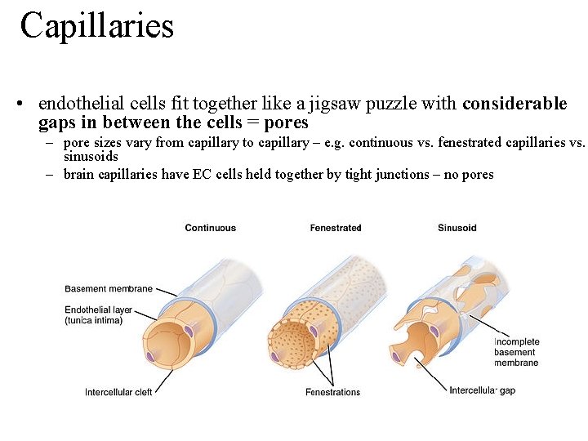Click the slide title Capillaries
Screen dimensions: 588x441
tap(97, 25)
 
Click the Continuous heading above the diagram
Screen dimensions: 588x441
tap(210, 228)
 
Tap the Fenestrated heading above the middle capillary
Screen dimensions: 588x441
tap(335, 228)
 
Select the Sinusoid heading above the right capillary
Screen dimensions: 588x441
tap(457, 228)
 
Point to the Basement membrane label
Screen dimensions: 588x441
tap(109, 289)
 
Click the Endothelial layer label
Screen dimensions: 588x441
tap(99, 310)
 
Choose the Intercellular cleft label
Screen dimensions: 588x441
tap(118, 393)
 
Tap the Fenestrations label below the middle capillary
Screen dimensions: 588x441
tap(332, 393)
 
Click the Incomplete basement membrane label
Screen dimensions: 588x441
tap(515, 352)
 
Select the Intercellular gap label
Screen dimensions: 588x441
tap(482, 390)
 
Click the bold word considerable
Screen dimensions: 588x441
tap(514, 104)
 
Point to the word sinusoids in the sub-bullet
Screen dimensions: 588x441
tap(91, 156)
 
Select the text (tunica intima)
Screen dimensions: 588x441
tap(94, 321)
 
